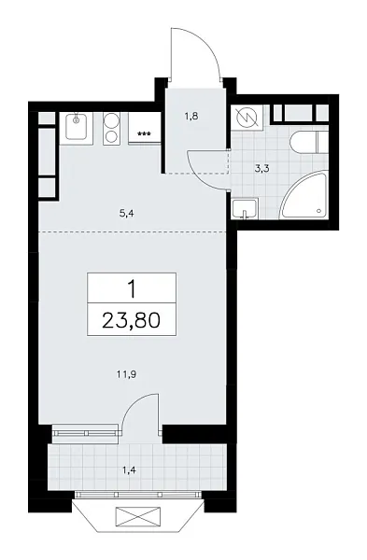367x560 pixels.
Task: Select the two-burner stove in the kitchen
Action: point(111,127)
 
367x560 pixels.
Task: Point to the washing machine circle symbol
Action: point(249,118)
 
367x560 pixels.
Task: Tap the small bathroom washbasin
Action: point(246,209)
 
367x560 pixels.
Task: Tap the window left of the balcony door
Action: point(85,431)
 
